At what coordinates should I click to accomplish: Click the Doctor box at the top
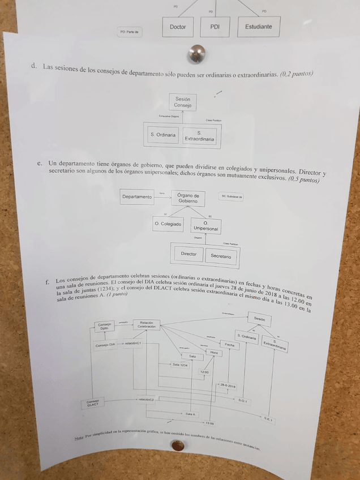(x=178, y=27)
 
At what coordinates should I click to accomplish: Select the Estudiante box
(x=258, y=27)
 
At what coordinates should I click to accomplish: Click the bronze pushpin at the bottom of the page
(x=178, y=445)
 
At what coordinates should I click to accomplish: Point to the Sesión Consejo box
(x=183, y=102)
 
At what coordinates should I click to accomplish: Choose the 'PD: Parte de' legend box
(x=130, y=33)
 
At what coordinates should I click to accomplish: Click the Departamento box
(x=137, y=197)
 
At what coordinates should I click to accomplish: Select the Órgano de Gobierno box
(x=188, y=198)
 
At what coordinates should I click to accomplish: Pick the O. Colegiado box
(x=168, y=224)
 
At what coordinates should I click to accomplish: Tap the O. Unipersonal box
(x=205, y=226)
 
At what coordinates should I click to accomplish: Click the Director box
(x=188, y=254)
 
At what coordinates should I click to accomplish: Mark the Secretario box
(x=221, y=256)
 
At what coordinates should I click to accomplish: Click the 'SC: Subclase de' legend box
(x=232, y=196)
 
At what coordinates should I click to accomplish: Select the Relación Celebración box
(x=147, y=325)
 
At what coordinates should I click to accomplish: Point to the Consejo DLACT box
(x=93, y=403)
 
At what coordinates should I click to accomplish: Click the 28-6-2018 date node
(x=228, y=385)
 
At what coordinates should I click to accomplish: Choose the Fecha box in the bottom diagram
(x=229, y=344)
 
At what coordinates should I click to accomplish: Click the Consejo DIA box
(x=105, y=343)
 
